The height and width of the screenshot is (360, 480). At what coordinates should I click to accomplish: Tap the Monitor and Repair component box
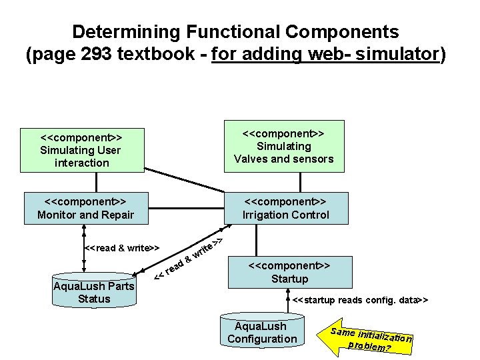85,207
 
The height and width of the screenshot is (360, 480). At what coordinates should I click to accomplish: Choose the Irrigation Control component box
285,207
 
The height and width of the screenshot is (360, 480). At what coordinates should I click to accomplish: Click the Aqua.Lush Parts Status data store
93,292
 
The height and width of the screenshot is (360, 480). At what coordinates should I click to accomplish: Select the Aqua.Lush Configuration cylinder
262,331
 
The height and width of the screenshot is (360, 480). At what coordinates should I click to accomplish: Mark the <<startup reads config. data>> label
360,300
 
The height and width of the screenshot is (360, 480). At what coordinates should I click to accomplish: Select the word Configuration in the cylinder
262,339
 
